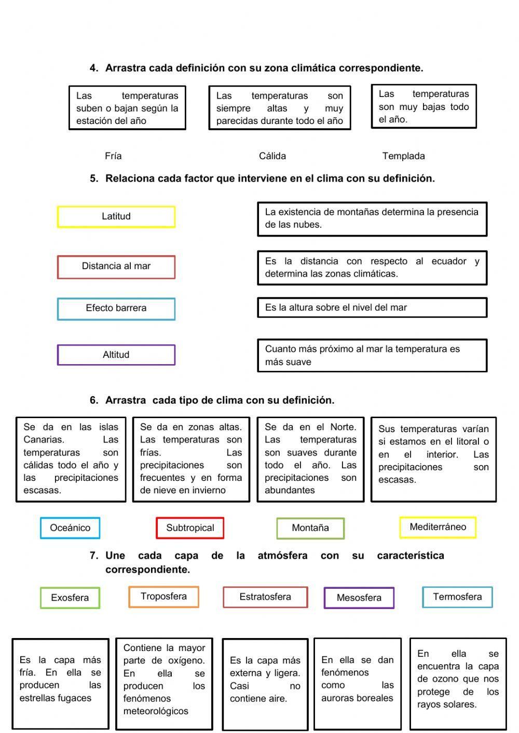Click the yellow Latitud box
tap(116, 217)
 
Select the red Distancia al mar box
tap(116, 267)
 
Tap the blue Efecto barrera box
tap(116, 309)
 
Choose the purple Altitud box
tap(116, 355)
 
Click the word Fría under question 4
tap(113, 156)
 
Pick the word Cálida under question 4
tap(272, 156)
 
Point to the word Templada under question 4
tap(403, 156)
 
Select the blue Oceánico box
tap(70, 528)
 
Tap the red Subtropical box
tap(190, 528)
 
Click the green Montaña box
tap(310, 528)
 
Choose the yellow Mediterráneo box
tap(438, 527)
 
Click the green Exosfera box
tap(70, 598)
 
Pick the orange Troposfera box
tap(163, 597)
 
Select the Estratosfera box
tap(265, 597)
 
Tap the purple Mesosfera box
tap(359, 598)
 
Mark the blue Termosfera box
tap(457, 597)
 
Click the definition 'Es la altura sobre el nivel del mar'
tap(372, 308)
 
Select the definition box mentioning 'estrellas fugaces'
tap(60, 683)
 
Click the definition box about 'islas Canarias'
tap(71, 459)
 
